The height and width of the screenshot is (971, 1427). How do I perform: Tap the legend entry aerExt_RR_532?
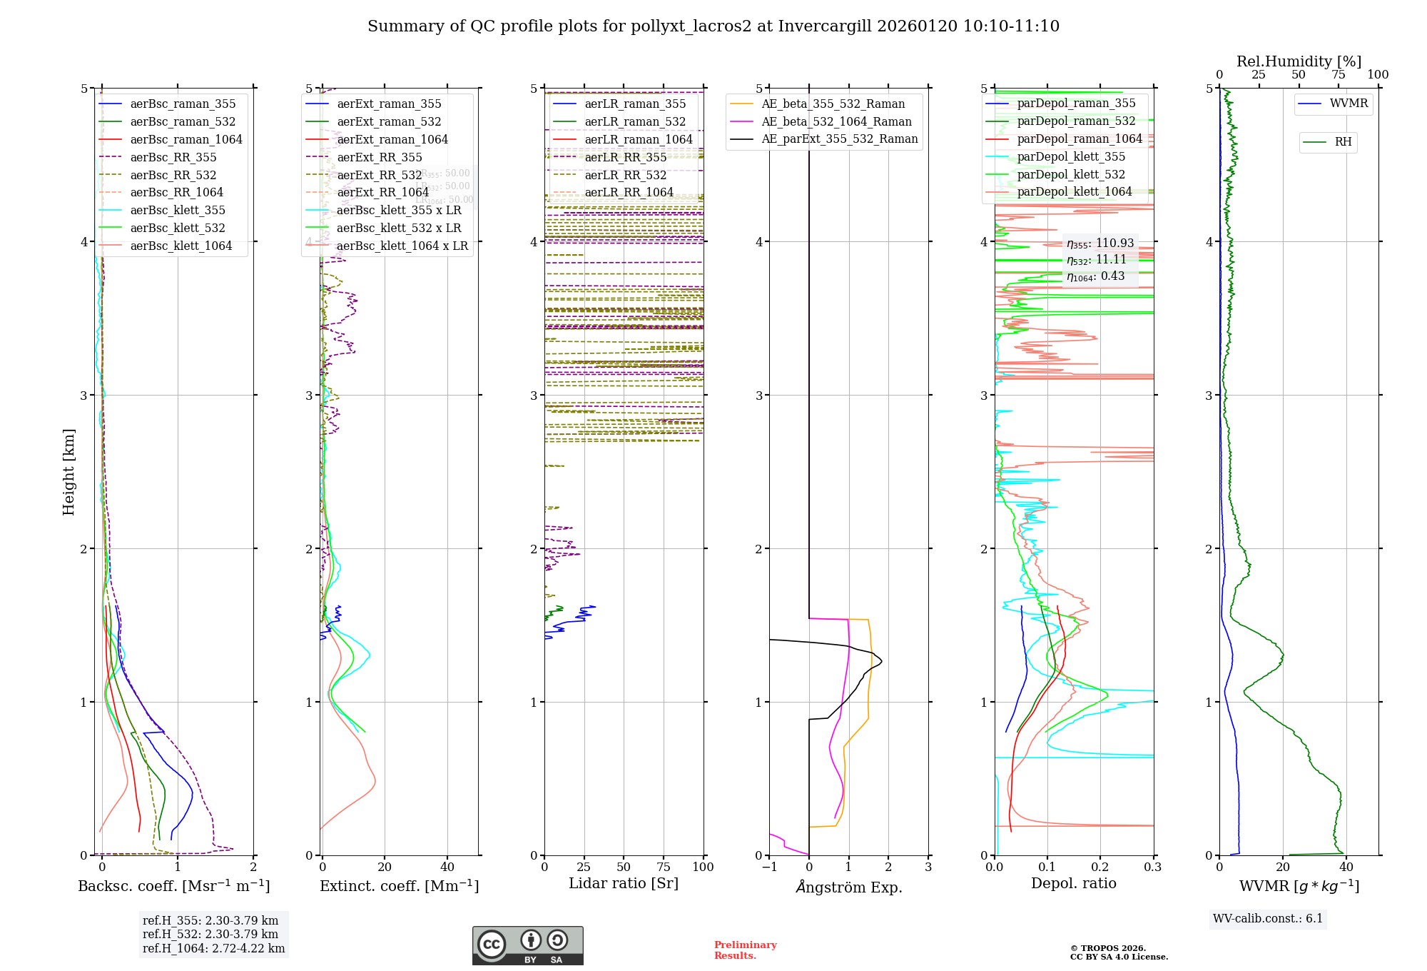click(x=379, y=176)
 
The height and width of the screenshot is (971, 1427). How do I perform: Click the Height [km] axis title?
click(x=68, y=472)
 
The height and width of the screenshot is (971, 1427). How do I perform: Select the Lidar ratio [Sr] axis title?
click(x=623, y=884)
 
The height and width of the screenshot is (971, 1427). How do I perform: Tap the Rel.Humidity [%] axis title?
click(x=1299, y=61)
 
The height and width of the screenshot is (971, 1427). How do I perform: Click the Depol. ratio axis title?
click(x=1073, y=884)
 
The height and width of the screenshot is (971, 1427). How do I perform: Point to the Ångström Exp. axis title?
click(x=848, y=887)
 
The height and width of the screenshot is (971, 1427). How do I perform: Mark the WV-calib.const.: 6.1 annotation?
click(x=1267, y=919)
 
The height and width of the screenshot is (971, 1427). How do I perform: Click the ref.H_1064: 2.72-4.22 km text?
click(x=213, y=949)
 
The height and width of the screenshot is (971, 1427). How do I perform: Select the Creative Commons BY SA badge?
click(x=527, y=946)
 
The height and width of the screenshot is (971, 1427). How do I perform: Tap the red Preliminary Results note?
click(x=745, y=950)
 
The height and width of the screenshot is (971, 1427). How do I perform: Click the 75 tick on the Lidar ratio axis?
click(x=664, y=867)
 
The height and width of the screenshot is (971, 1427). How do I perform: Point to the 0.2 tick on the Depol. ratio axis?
click(x=1100, y=867)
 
